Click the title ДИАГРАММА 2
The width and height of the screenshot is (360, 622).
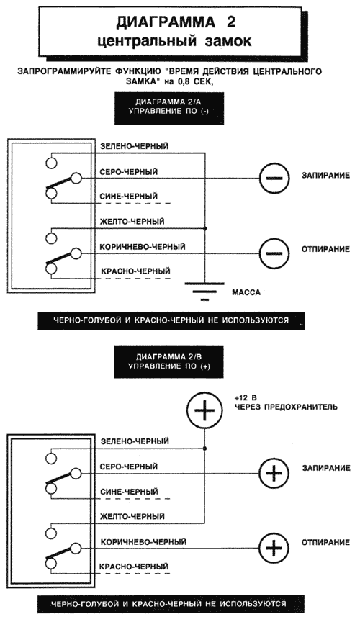pos(176,22)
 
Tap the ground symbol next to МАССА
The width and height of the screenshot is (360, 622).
pos(204,292)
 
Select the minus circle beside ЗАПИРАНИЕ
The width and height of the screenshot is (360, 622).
pos(274,178)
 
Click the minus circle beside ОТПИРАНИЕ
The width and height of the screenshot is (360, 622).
pos(274,253)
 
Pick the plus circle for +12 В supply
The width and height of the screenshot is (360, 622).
pos(204,411)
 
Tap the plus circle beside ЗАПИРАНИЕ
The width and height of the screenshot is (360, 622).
pos(274,473)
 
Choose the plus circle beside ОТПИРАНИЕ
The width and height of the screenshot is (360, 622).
pos(274,548)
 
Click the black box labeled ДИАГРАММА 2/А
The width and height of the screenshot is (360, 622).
pos(169,108)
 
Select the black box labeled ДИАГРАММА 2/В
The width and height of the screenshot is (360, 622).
pos(169,362)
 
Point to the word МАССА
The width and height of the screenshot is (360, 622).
pos(246,293)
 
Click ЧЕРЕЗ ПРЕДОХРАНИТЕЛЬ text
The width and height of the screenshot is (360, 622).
pos(286,407)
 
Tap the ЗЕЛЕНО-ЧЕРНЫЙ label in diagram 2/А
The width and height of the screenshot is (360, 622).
pos(134,146)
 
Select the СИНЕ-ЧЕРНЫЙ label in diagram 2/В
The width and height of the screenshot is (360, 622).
pos(129,492)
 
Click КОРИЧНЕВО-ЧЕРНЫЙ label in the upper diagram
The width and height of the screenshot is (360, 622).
pos(143,247)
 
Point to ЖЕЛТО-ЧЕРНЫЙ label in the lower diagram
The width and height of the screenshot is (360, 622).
pos(132,516)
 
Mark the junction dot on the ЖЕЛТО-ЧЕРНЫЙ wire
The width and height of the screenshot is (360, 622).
pos(204,228)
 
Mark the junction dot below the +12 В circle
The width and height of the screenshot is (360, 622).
pos(204,449)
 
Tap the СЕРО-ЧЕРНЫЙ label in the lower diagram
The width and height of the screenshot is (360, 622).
pos(129,466)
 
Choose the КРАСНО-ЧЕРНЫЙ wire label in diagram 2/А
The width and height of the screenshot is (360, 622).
pos(136,271)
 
